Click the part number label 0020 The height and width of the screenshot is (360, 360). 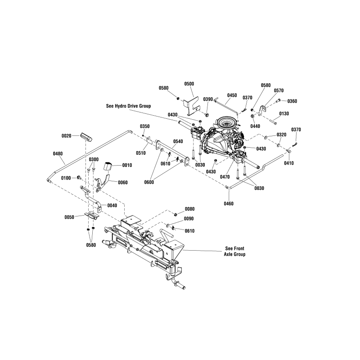[x=67, y=135]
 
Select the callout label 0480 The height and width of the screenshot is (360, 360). [x=58, y=153]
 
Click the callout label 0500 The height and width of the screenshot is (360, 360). [x=189, y=84]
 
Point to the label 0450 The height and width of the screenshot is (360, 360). [x=232, y=95]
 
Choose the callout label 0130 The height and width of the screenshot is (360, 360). [x=284, y=113]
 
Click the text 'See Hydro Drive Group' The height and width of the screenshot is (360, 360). [x=128, y=105]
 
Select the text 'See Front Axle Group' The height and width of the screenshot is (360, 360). [x=235, y=251]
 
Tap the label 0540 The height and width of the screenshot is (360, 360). [x=178, y=141]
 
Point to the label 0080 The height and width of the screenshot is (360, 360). [x=190, y=209]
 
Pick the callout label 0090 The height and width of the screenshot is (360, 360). [x=189, y=219]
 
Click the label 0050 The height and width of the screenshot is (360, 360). [x=69, y=217]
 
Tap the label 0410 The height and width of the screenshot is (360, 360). [x=288, y=163]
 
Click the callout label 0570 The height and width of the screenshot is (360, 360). [x=279, y=90]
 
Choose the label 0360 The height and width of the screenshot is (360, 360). [x=292, y=101]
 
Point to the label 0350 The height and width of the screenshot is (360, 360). [x=144, y=126]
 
